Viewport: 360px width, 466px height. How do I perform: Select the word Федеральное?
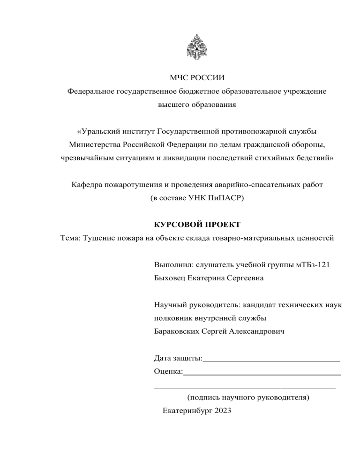click(91, 91)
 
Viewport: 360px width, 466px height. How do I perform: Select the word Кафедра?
click(87, 185)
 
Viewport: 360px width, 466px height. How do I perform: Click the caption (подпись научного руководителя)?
click(247, 398)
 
